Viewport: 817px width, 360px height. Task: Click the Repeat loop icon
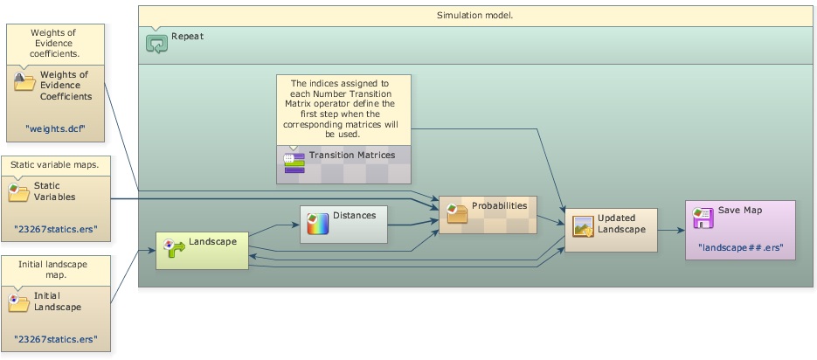coord(157,43)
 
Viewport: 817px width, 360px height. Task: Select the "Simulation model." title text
coord(474,16)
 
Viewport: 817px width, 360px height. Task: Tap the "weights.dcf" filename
coord(55,128)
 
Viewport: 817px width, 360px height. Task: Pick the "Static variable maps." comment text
coord(55,164)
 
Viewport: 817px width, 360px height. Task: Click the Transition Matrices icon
coord(294,160)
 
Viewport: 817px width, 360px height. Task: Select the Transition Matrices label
coord(351,155)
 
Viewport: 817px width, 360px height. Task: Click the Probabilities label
coord(499,205)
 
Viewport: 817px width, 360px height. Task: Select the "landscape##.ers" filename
coord(740,247)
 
